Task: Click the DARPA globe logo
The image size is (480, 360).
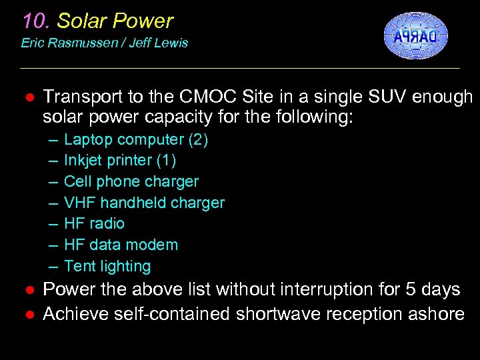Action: (415, 36)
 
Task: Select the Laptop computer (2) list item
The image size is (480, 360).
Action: (136, 140)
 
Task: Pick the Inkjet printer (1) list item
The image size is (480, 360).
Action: (120, 161)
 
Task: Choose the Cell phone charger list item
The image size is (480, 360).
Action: (131, 182)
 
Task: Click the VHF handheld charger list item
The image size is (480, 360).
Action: (144, 203)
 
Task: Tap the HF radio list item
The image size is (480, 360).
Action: (94, 224)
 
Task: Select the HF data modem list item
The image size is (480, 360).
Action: (121, 245)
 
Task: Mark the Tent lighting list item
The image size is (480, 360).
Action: (107, 267)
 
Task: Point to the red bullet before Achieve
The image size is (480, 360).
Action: (29, 314)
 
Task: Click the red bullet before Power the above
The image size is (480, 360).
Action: (29, 290)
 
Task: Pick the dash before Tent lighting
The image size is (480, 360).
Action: (53, 267)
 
